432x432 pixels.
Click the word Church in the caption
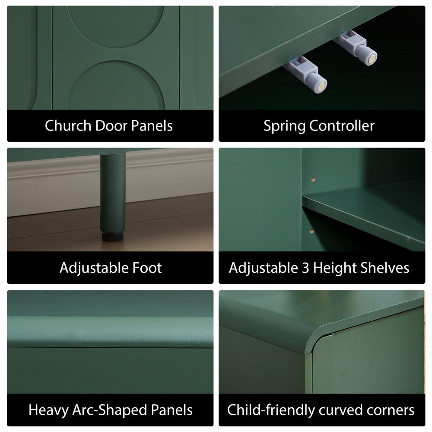click(68, 126)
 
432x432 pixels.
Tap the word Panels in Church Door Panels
click(152, 126)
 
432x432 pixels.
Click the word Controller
click(342, 126)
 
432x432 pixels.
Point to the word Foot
click(147, 268)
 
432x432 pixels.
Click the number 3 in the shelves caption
click(305, 268)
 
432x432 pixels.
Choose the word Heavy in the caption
click(48, 410)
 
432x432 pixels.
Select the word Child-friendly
click(271, 410)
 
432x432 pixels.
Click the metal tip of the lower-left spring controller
click(321, 87)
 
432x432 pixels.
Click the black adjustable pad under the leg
click(112, 236)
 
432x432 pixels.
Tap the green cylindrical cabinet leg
click(113, 192)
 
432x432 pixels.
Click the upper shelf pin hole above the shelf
click(313, 179)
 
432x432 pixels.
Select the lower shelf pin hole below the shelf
click(311, 231)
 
